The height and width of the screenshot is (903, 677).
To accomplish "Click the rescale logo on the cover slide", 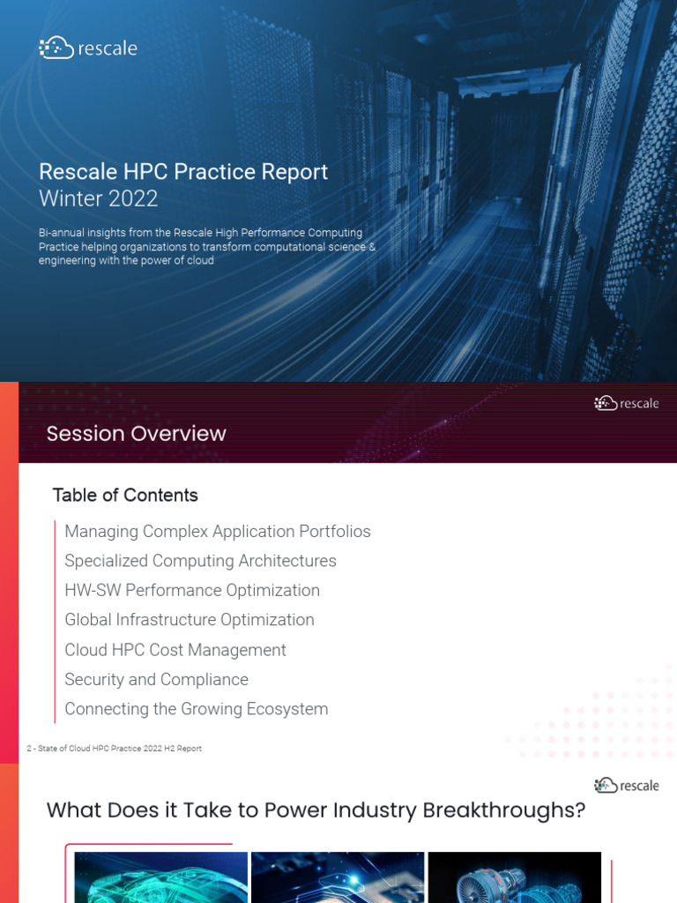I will pos(88,49).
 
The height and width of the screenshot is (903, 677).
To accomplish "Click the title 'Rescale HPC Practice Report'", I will pos(183,171).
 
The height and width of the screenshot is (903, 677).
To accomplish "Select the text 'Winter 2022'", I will pos(98,198).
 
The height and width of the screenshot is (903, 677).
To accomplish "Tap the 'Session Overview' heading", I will pos(136,433).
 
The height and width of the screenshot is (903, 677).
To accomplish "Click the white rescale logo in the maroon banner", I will pos(627,403).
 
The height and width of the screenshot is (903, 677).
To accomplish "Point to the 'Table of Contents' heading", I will pos(125,495).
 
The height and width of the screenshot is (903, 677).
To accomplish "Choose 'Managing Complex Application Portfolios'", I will pos(217,531).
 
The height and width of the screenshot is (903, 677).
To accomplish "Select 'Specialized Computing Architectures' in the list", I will pos(200,561).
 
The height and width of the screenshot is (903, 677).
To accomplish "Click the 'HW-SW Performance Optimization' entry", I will pos(191,590).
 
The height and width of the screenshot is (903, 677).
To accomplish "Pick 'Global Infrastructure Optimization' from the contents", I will pos(189,620).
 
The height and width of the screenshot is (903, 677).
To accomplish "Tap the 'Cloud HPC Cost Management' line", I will pos(175,650).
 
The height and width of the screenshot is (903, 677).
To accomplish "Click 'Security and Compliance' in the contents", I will pos(156,679).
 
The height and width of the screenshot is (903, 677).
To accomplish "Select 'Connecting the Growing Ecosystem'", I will pos(196,709).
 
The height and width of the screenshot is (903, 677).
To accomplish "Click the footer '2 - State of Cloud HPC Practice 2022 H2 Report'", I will pos(114,749).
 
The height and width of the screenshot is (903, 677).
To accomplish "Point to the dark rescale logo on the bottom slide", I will pos(627,785).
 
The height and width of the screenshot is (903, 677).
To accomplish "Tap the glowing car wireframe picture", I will pos(160,877).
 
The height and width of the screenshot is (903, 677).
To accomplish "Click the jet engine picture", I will pos(514,877).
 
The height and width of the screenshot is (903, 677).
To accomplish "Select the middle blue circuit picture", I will pos(338,877).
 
